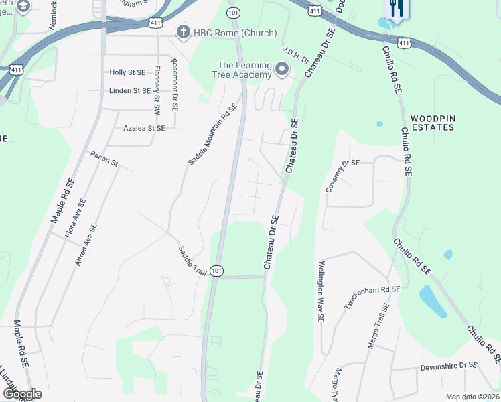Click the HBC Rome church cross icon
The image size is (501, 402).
(x=182, y=32)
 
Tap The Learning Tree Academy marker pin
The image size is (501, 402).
(x=282, y=69)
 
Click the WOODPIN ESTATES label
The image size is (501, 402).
(x=433, y=122)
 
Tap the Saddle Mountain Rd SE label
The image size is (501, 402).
(x=212, y=134)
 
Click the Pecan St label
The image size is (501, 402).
(x=104, y=159)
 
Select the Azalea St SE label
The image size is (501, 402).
(x=144, y=127)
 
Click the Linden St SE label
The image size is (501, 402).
(x=130, y=90)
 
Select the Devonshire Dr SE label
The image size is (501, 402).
(x=449, y=366)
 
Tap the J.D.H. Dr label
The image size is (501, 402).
(x=294, y=54)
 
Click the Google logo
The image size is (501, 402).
(x=21, y=394)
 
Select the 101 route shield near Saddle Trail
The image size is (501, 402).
(x=216, y=271)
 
